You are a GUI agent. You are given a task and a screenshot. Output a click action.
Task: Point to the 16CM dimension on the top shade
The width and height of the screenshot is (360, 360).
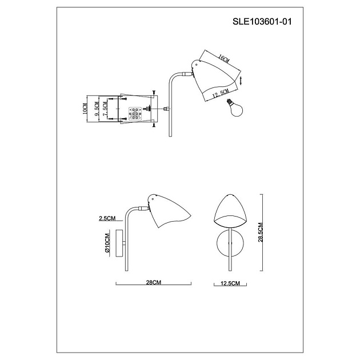[x=223, y=60]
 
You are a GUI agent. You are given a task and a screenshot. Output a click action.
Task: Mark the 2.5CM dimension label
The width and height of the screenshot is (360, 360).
[x=107, y=218]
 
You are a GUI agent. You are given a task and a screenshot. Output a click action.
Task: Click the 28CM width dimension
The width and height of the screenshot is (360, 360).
[x=154, y=282]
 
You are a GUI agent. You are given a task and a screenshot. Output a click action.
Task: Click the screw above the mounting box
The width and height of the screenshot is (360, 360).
[x=155, y=90]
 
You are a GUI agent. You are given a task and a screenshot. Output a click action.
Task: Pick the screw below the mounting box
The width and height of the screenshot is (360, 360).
[x=155, y=127]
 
